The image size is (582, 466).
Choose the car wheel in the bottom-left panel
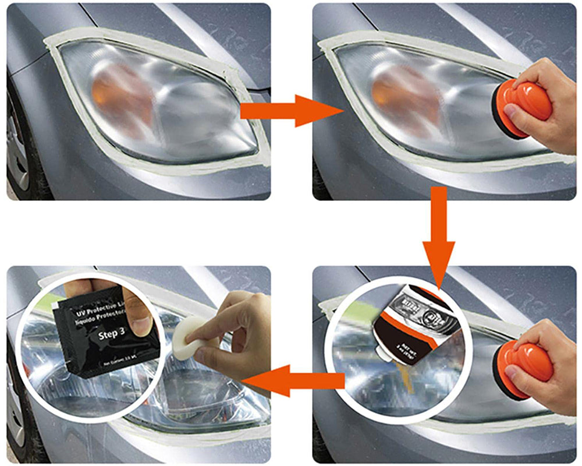coord(17,408)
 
